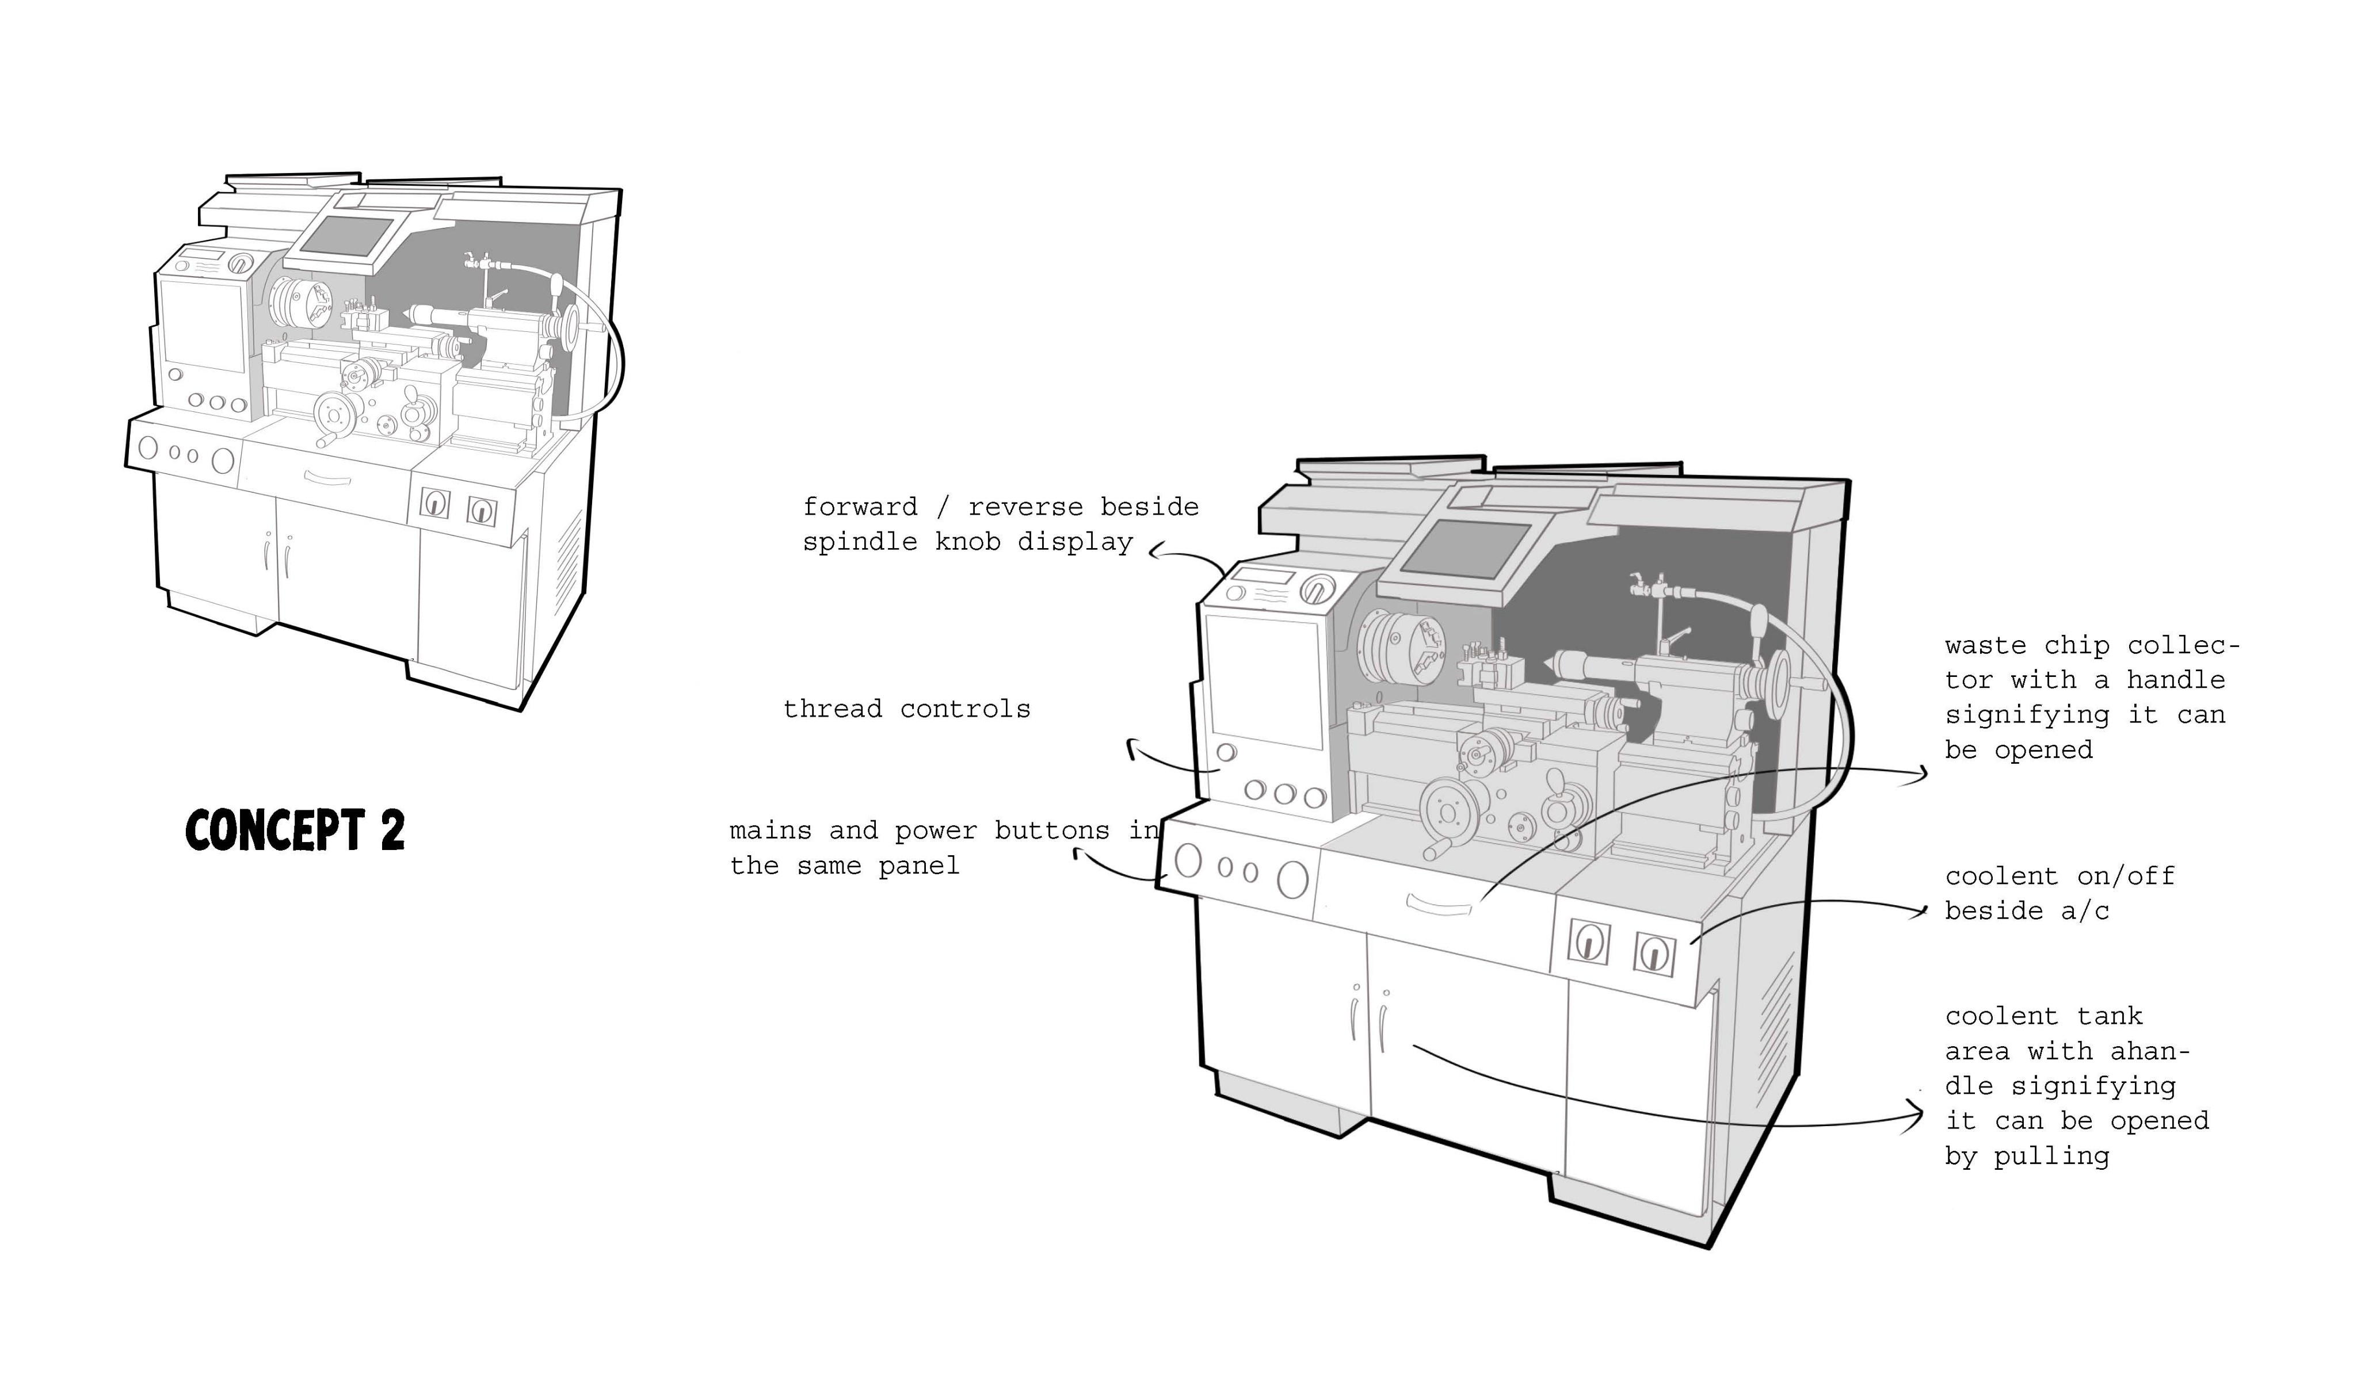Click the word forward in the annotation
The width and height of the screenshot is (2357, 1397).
coord(860,507)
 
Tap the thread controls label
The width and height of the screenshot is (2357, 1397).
coord(907,709)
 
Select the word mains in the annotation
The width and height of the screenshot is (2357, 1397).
coord(771,831)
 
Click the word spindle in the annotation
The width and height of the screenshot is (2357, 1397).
coord(860,542)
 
